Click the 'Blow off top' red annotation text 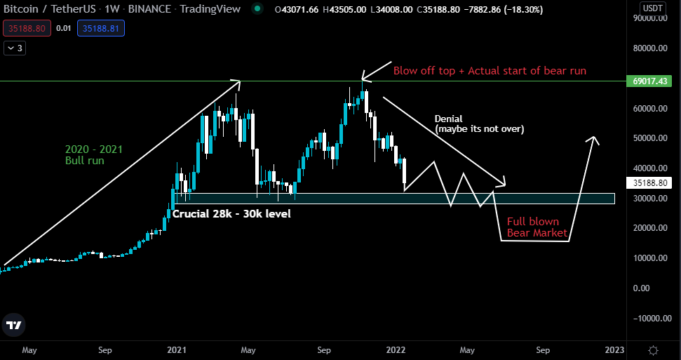tap(490, 70)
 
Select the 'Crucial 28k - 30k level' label tap(231, 212)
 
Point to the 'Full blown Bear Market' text tap(537, 227)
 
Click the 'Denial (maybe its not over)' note tap(480, 124)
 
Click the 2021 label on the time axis tap(177, 349)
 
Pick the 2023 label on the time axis tap(614, 349)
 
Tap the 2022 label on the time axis tap(396, 349)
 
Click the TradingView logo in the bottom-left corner tap(13, 325)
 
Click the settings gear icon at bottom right tap(653, 349)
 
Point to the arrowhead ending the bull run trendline tap(238, 83)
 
